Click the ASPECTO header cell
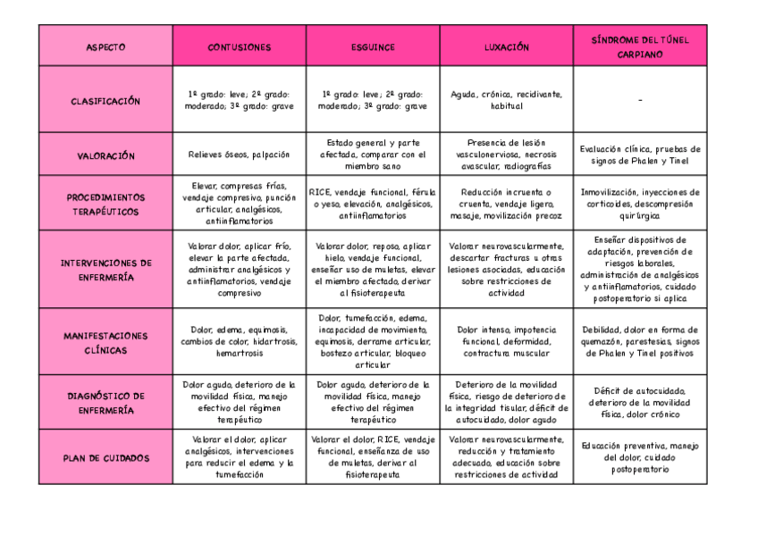tap(105, 46)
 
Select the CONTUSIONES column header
tap(239, 46)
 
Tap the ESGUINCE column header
tap(373, 46)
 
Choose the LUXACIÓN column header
tap(506, 46)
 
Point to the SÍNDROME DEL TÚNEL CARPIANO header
tap(640, 46)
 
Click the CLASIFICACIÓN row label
tap(105, 101)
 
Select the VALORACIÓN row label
tap(105, 155)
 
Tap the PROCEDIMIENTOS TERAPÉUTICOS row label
tap(105, 204)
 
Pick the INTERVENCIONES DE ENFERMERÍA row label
tap(105, 270)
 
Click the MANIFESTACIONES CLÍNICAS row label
tap(105, 342)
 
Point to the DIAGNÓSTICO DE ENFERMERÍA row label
tap(105, 402)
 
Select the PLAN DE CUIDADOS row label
tap(105, 457)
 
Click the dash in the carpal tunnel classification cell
tap(640, 101)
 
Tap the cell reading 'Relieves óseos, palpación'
tap(239, 155)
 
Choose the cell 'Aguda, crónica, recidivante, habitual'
tap(506, 99)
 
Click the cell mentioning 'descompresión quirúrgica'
tap(640, 203)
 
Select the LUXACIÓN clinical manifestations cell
tap(506, 341)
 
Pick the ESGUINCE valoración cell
tap(373, 155)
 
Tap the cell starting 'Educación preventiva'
tap(640, 456)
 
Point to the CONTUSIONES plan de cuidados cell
tap(239, 456)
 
